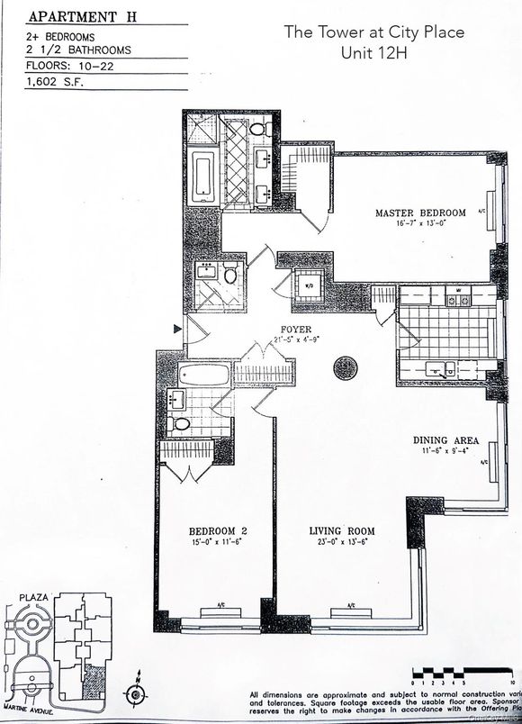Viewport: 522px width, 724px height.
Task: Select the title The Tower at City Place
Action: tap(374, 32)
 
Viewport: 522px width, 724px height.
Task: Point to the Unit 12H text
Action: tap(374, 53)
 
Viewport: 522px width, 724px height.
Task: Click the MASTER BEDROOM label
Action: tap(420, 213)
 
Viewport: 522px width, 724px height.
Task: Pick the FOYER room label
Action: tap(296, 330)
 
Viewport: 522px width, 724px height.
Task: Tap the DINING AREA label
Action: tap(445, 440)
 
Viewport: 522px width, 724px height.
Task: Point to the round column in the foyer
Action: tap(346, 368)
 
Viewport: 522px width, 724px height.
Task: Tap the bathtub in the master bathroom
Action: tap(202, 176)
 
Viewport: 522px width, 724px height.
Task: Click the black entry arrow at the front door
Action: tap(177, 331)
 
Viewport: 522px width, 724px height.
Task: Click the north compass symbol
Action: tap(136, 694)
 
